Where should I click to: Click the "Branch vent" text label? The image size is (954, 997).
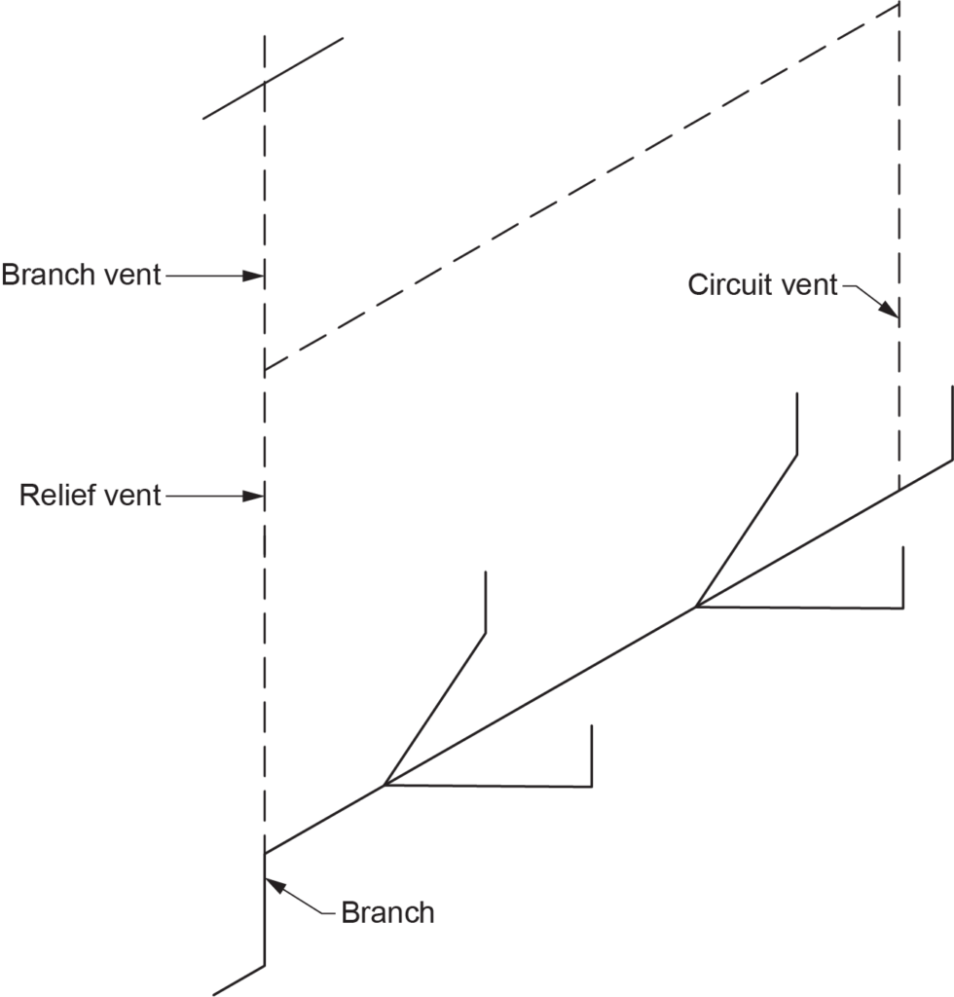(81, 275)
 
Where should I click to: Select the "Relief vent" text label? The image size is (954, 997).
(90, 496)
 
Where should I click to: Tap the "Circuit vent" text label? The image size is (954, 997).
(762, 285)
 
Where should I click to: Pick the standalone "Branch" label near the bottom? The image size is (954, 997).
(387, 913)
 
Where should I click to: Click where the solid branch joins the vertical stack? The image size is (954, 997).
(265, 854)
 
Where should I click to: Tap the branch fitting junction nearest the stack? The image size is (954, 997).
(385, 785)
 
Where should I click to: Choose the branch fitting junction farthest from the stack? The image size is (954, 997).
(695, 607)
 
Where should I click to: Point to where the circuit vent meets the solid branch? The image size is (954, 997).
(898, 490)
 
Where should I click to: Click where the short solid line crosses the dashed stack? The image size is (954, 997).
(265, 84)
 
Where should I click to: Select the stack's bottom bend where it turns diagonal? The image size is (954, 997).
(265, 966)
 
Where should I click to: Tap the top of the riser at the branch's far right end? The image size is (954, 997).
(950, 387)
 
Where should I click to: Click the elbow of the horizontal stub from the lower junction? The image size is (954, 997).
(592, 786)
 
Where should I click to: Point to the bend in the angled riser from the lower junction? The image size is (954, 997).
(485, 634)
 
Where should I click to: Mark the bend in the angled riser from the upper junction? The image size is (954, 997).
(798, 454)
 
